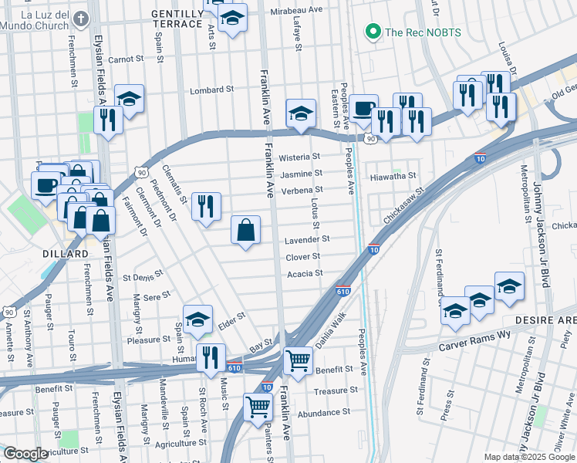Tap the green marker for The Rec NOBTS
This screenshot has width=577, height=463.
coord(373,32)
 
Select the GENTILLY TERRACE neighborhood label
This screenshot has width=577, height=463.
coord(177,19)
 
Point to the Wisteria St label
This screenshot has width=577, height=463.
coord(300,157)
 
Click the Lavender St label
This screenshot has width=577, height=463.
coord(308,240)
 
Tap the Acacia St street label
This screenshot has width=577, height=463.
coord(304,273)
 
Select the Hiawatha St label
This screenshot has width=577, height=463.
coord(393,176)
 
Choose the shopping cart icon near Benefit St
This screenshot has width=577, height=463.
coord(298,360)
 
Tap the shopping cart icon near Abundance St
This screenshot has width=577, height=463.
coord(258,406)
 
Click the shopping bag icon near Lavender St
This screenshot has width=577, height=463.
coord(245,229)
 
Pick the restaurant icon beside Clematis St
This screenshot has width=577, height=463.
coord(205,206)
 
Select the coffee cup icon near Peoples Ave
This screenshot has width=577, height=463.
coord(364,108)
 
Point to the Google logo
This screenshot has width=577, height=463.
coord(25,454)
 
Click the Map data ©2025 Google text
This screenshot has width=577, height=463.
coord(529,457)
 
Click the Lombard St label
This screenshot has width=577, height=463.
coord(212,90)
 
